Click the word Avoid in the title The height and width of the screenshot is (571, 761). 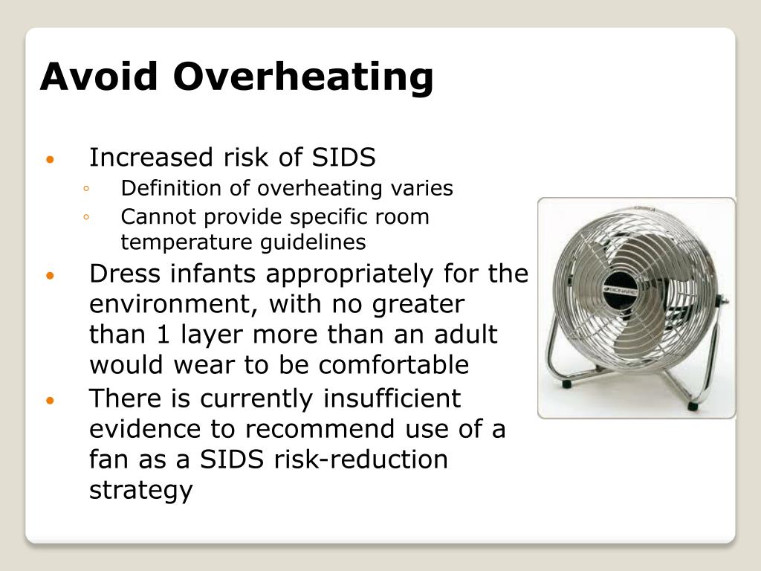pos(100,77)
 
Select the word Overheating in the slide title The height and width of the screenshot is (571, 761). pos(305,78)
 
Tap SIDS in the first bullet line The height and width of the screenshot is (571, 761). pos(343,158)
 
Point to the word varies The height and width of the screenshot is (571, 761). pos(422,188)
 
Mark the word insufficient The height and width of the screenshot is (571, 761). pos(392,399)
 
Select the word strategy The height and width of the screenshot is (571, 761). pos(141,491)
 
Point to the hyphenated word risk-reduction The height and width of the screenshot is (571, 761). pos(361,459)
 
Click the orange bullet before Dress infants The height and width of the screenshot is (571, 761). pos(50,276)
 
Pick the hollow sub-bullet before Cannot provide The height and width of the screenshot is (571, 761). pos(87,217)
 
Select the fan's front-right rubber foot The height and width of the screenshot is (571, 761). pos(693,406)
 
